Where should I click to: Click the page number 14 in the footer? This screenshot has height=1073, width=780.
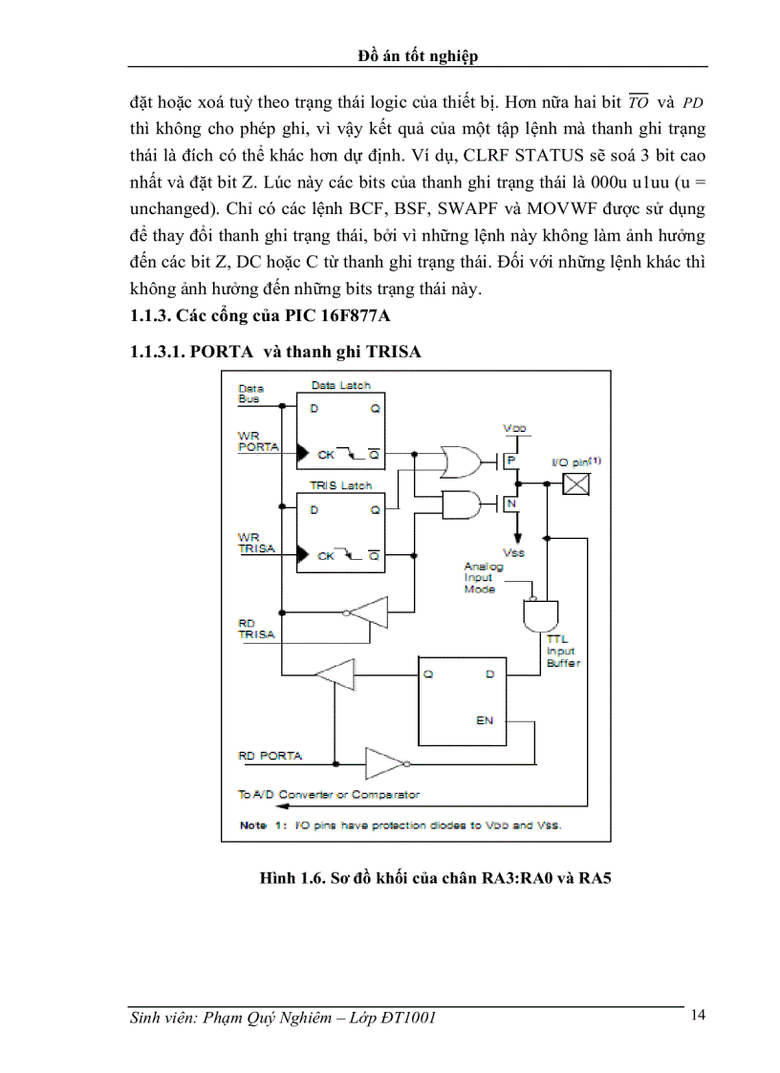698,1015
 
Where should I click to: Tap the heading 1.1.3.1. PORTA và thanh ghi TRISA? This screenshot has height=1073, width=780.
275,352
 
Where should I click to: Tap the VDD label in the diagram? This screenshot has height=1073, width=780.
514,429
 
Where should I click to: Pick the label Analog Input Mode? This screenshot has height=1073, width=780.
483,577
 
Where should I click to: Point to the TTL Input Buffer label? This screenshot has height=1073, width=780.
561,650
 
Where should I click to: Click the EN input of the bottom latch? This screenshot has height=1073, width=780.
485,719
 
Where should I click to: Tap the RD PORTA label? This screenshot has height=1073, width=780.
270,756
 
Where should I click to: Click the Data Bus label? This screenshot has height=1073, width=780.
250,394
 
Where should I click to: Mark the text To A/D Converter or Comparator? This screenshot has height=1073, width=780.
328,794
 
